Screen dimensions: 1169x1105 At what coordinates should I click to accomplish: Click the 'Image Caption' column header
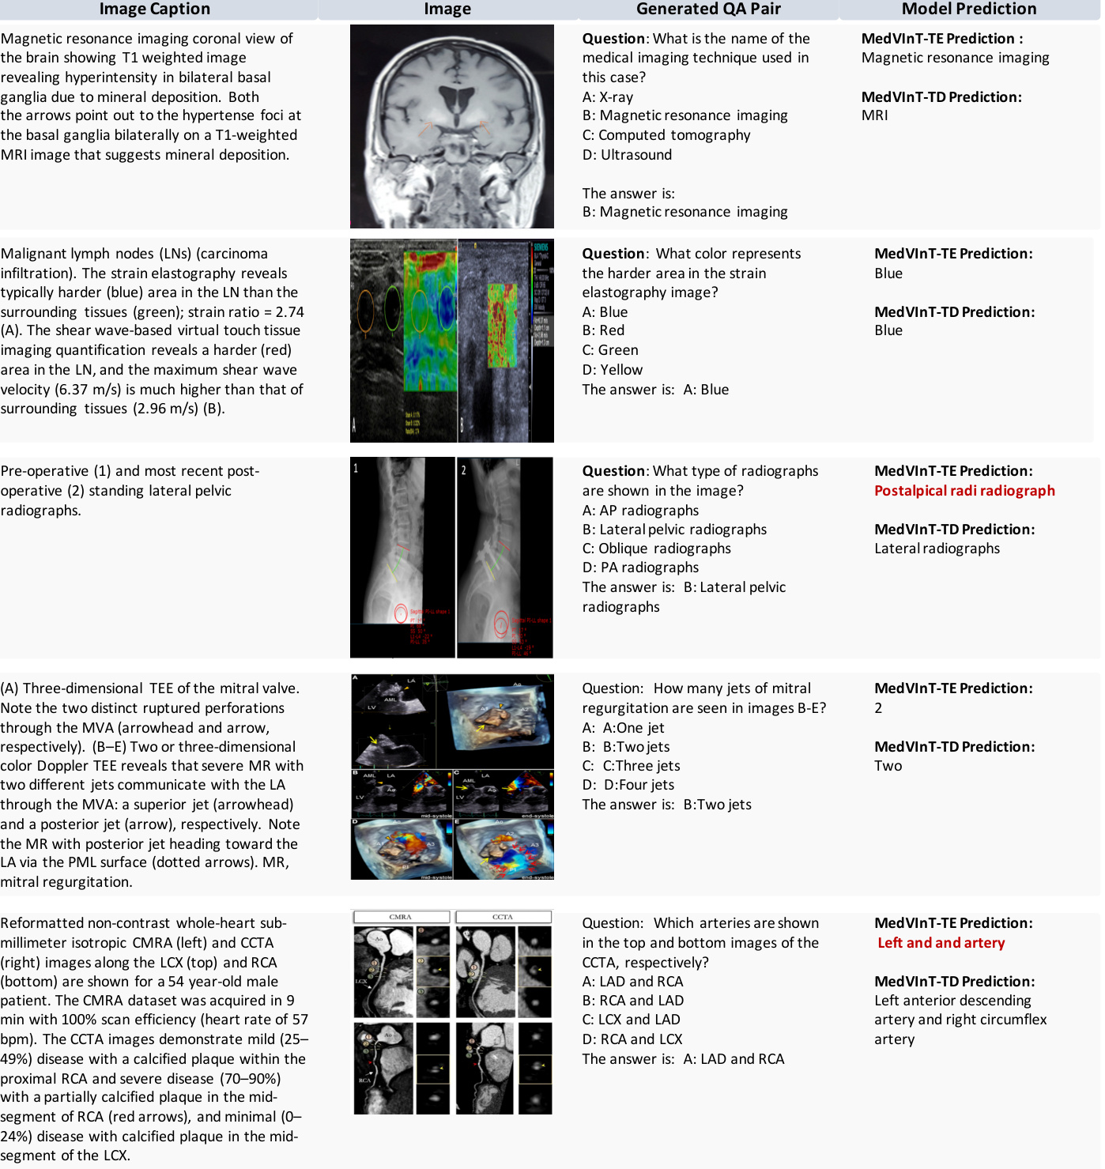[x=155, y=9]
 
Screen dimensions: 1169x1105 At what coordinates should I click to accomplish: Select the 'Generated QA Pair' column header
[x=708, y=9]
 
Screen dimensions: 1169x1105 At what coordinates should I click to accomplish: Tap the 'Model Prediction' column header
[x=969, y=9]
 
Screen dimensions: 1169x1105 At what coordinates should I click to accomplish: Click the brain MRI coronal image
[x=451, y=126]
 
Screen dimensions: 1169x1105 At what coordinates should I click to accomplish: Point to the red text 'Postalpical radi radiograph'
[x=964, y=491]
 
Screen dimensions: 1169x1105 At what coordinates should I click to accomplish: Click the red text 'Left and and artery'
[x=941, y=943]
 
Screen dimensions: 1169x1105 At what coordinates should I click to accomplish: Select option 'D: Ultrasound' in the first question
[x=627, y=155]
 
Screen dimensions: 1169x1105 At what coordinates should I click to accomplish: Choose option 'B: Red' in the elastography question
[x=603, y=330]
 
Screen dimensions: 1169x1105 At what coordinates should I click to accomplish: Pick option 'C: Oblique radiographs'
[x=656, y=549]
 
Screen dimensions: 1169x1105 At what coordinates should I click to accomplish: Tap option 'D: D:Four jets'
[x=628, y=785]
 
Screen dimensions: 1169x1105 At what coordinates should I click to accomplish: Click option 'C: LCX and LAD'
[x=631, y=1020]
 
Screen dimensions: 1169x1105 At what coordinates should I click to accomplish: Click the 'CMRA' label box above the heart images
[x=401, y=917]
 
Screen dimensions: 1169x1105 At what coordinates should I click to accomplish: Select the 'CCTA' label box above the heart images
[x=503, y=917]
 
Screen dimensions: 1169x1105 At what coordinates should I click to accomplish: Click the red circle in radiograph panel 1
[x=401, y=613]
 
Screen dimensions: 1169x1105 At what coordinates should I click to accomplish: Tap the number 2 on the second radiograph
[x=464, y=469]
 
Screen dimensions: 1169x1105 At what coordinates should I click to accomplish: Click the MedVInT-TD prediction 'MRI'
[x=874, y=115]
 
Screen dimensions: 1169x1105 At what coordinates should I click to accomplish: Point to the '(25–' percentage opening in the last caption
[x=294, y=1039]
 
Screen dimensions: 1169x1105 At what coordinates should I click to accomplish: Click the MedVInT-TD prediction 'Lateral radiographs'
[x=937, y=549]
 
